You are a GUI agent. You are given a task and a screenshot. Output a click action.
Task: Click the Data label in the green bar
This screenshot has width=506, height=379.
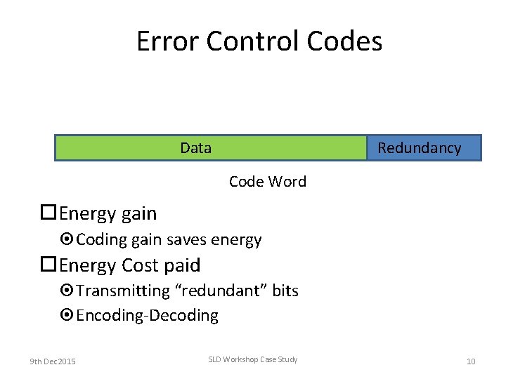point(195,147)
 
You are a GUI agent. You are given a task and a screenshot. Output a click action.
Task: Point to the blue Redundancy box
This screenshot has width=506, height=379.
point(424,147)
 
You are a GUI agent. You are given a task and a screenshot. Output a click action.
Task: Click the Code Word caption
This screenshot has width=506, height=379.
point(268,181)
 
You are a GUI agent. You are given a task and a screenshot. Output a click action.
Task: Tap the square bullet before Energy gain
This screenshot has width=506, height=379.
point(48,213)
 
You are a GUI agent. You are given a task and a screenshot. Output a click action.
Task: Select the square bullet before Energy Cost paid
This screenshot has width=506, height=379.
point(48,265)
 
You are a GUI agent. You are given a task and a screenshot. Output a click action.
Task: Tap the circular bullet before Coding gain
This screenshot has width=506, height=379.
point(67,240)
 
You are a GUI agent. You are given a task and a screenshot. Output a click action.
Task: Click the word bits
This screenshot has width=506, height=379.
point(285,291)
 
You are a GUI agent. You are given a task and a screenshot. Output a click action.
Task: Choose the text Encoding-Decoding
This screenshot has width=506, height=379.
point(147,316)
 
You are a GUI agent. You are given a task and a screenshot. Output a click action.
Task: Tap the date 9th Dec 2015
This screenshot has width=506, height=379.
point(53,361)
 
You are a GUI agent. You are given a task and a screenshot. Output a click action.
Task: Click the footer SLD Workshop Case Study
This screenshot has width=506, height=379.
point(253,359)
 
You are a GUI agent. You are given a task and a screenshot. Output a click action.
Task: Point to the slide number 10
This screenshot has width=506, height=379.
point(471,361)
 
